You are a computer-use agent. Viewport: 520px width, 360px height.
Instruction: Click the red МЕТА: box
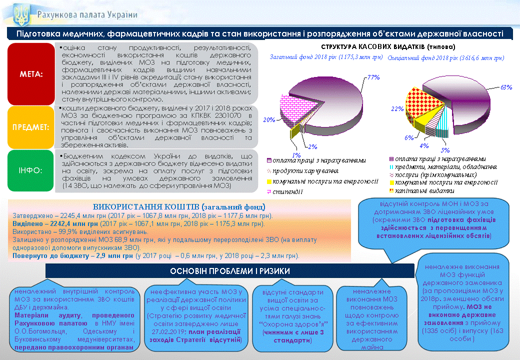coord(31,74)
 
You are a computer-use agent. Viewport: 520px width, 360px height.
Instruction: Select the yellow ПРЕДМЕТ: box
coord(31,127)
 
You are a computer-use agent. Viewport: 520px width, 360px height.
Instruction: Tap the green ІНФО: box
coord(30,170)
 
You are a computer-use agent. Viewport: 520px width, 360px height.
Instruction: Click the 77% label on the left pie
coord(373,77)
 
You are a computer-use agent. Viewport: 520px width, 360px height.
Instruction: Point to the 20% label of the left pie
coord(269,119)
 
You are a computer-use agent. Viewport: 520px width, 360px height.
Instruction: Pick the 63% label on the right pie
coord(506,87)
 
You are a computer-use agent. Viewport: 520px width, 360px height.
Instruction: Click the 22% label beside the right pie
coord(397,108)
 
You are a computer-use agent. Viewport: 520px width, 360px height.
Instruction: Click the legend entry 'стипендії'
coord(287,191)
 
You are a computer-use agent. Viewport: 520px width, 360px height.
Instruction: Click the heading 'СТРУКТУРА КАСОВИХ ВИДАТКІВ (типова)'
coord(388,46)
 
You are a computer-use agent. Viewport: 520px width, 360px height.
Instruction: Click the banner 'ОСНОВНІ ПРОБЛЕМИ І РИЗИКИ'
coord(230,271)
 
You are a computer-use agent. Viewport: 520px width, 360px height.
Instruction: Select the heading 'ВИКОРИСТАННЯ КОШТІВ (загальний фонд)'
coord(179,207)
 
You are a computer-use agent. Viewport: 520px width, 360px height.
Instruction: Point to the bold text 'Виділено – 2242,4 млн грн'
coord(55,224)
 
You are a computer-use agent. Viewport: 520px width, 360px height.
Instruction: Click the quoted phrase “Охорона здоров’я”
coord(293,324)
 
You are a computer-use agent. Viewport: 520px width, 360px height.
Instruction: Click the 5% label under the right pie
coord(445,150)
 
